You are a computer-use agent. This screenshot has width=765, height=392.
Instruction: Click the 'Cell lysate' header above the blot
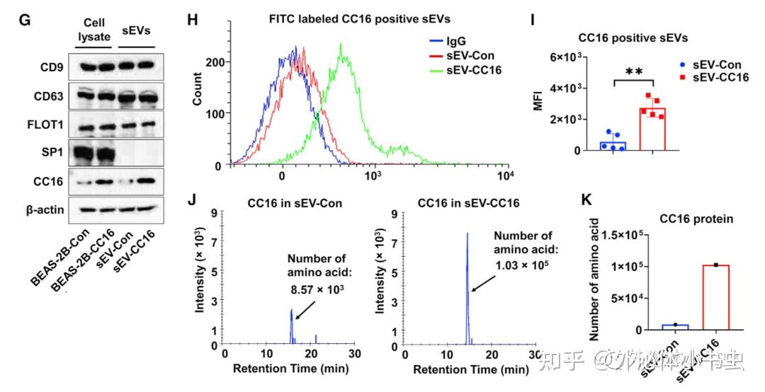pos(94,30)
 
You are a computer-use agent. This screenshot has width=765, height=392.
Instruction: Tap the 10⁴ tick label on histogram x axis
pos(505,175)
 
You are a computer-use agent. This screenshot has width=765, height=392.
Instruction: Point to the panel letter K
pos(586,198)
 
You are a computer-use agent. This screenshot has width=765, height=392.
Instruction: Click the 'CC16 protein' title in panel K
pos(690,219)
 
